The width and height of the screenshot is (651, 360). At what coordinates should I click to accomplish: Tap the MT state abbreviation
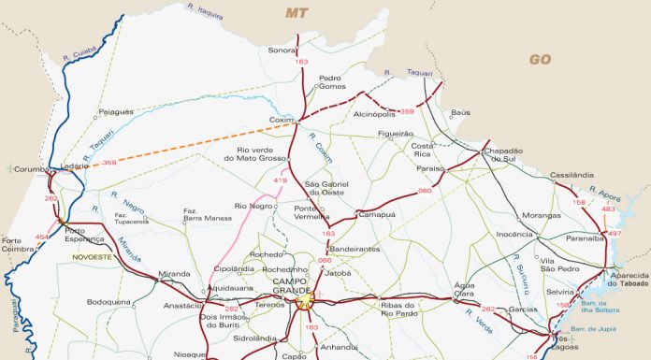coord(297,12)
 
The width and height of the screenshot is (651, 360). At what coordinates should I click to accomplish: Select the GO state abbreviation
coord(540,59)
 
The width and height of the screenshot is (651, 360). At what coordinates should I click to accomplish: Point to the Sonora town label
coord(282,50)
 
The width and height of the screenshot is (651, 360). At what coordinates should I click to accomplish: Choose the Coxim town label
coord(282,120)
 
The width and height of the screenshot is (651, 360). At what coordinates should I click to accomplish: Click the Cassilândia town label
coord(572,174)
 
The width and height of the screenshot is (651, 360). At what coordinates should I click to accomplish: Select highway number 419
coord(280,180)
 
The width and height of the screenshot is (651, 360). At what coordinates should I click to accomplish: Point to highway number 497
coord(615,233)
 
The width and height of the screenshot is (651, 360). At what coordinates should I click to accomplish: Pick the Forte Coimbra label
coord(19,244)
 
